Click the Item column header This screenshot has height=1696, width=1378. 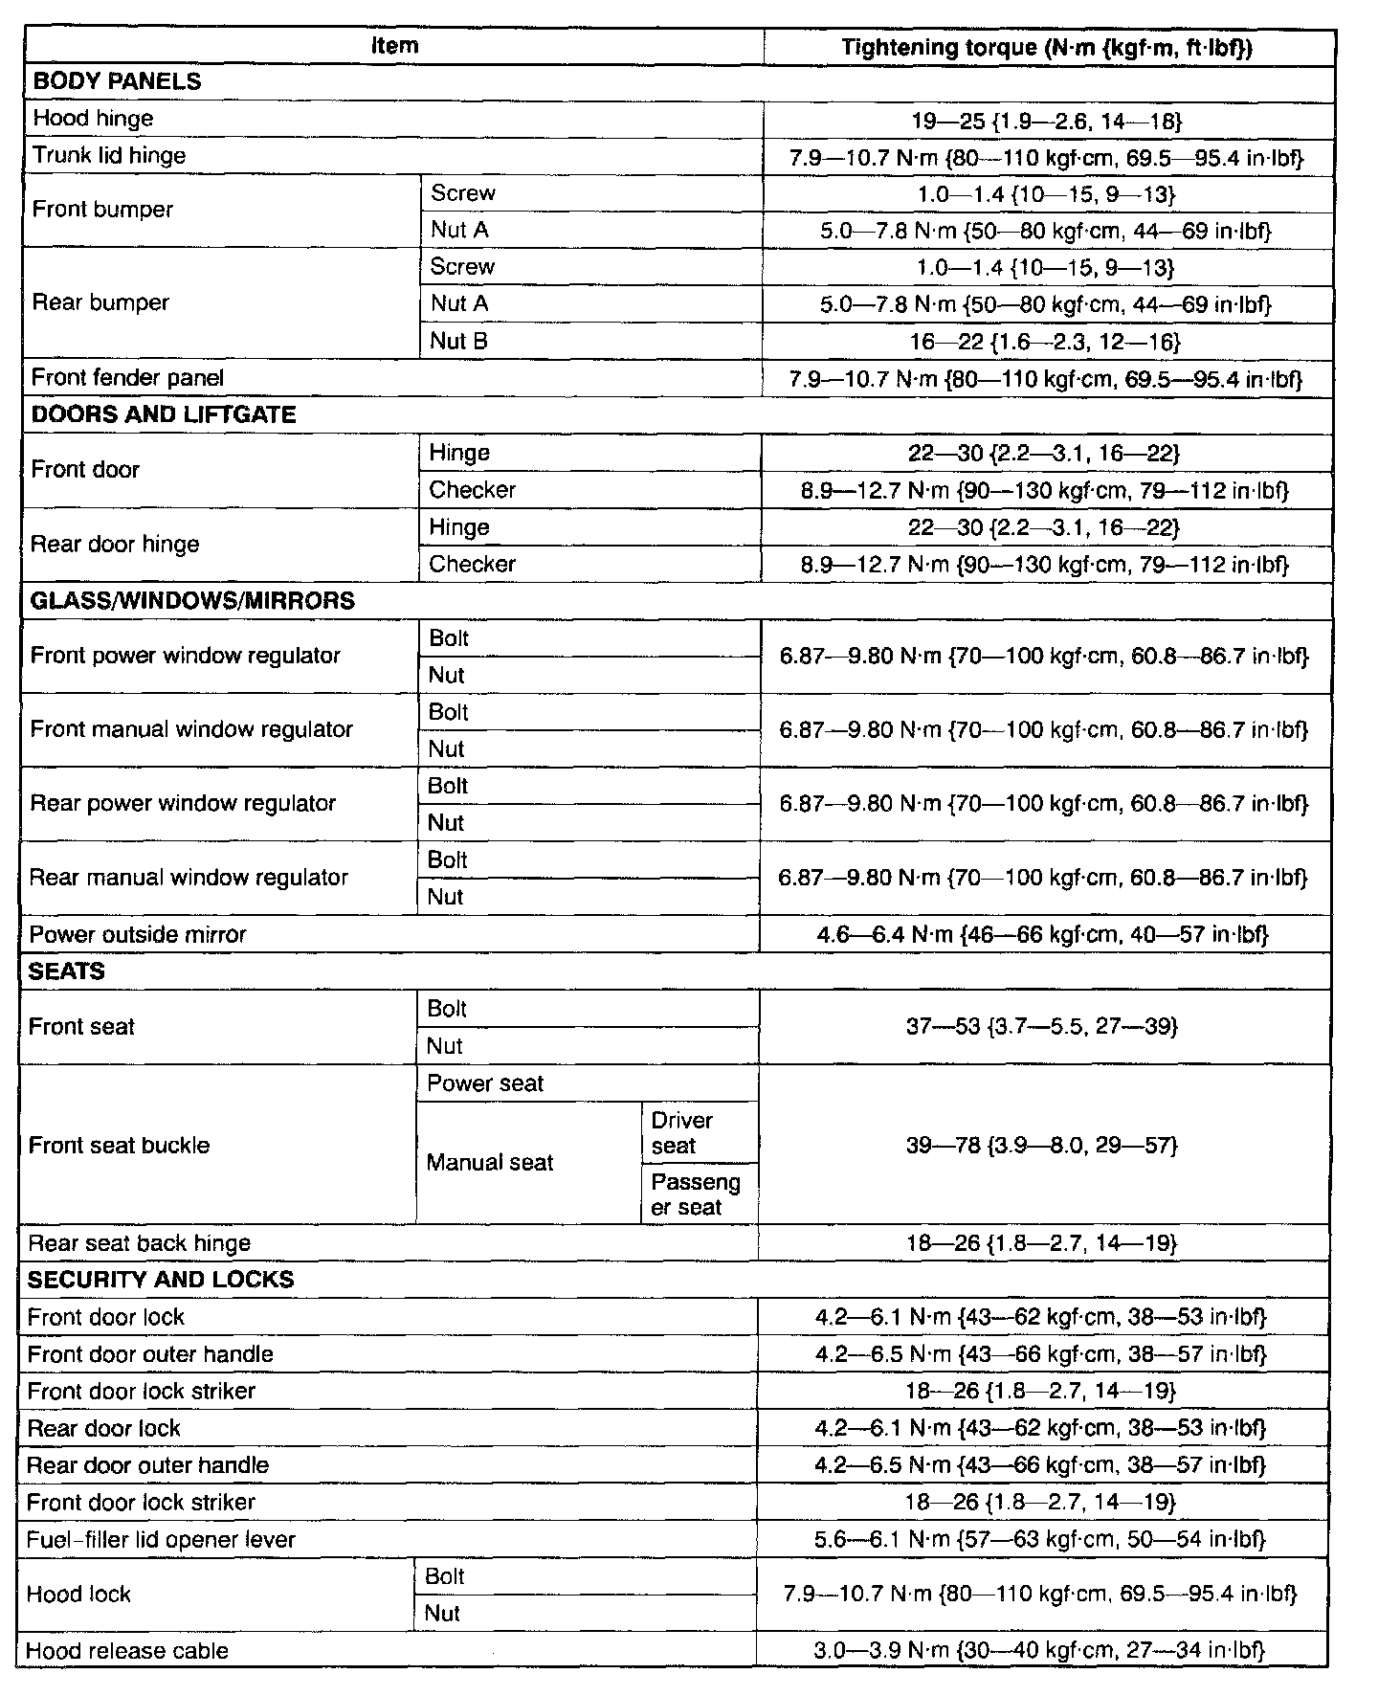coord(394,45)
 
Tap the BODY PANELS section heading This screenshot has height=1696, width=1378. coord(117,81)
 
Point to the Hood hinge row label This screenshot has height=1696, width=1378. coord(93,119)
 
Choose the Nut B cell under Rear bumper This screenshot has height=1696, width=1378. coord(459,341)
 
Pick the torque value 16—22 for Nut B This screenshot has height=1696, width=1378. coord(1046,342)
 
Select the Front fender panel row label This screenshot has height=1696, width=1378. coord(127,378)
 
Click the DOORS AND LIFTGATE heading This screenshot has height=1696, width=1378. coord(164,414)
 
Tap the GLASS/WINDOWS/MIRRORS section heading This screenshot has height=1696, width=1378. coord(192,601)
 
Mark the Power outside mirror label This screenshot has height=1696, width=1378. coord(138,935)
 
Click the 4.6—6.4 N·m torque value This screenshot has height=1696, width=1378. coord(1042,935)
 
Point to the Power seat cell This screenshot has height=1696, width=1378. coord(485,1083)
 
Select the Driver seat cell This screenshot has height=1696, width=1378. coord(681,1133)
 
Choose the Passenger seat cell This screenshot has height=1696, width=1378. coord(695,1194)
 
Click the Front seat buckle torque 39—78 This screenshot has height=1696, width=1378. coord(1041,1146)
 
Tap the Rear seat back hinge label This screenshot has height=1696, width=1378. coord(139,1243)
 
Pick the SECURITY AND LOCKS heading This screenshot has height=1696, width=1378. coord(161,1281)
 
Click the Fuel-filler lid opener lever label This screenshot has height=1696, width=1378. coord(161,1540)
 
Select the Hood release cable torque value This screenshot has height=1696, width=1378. coord(1039,1651)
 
